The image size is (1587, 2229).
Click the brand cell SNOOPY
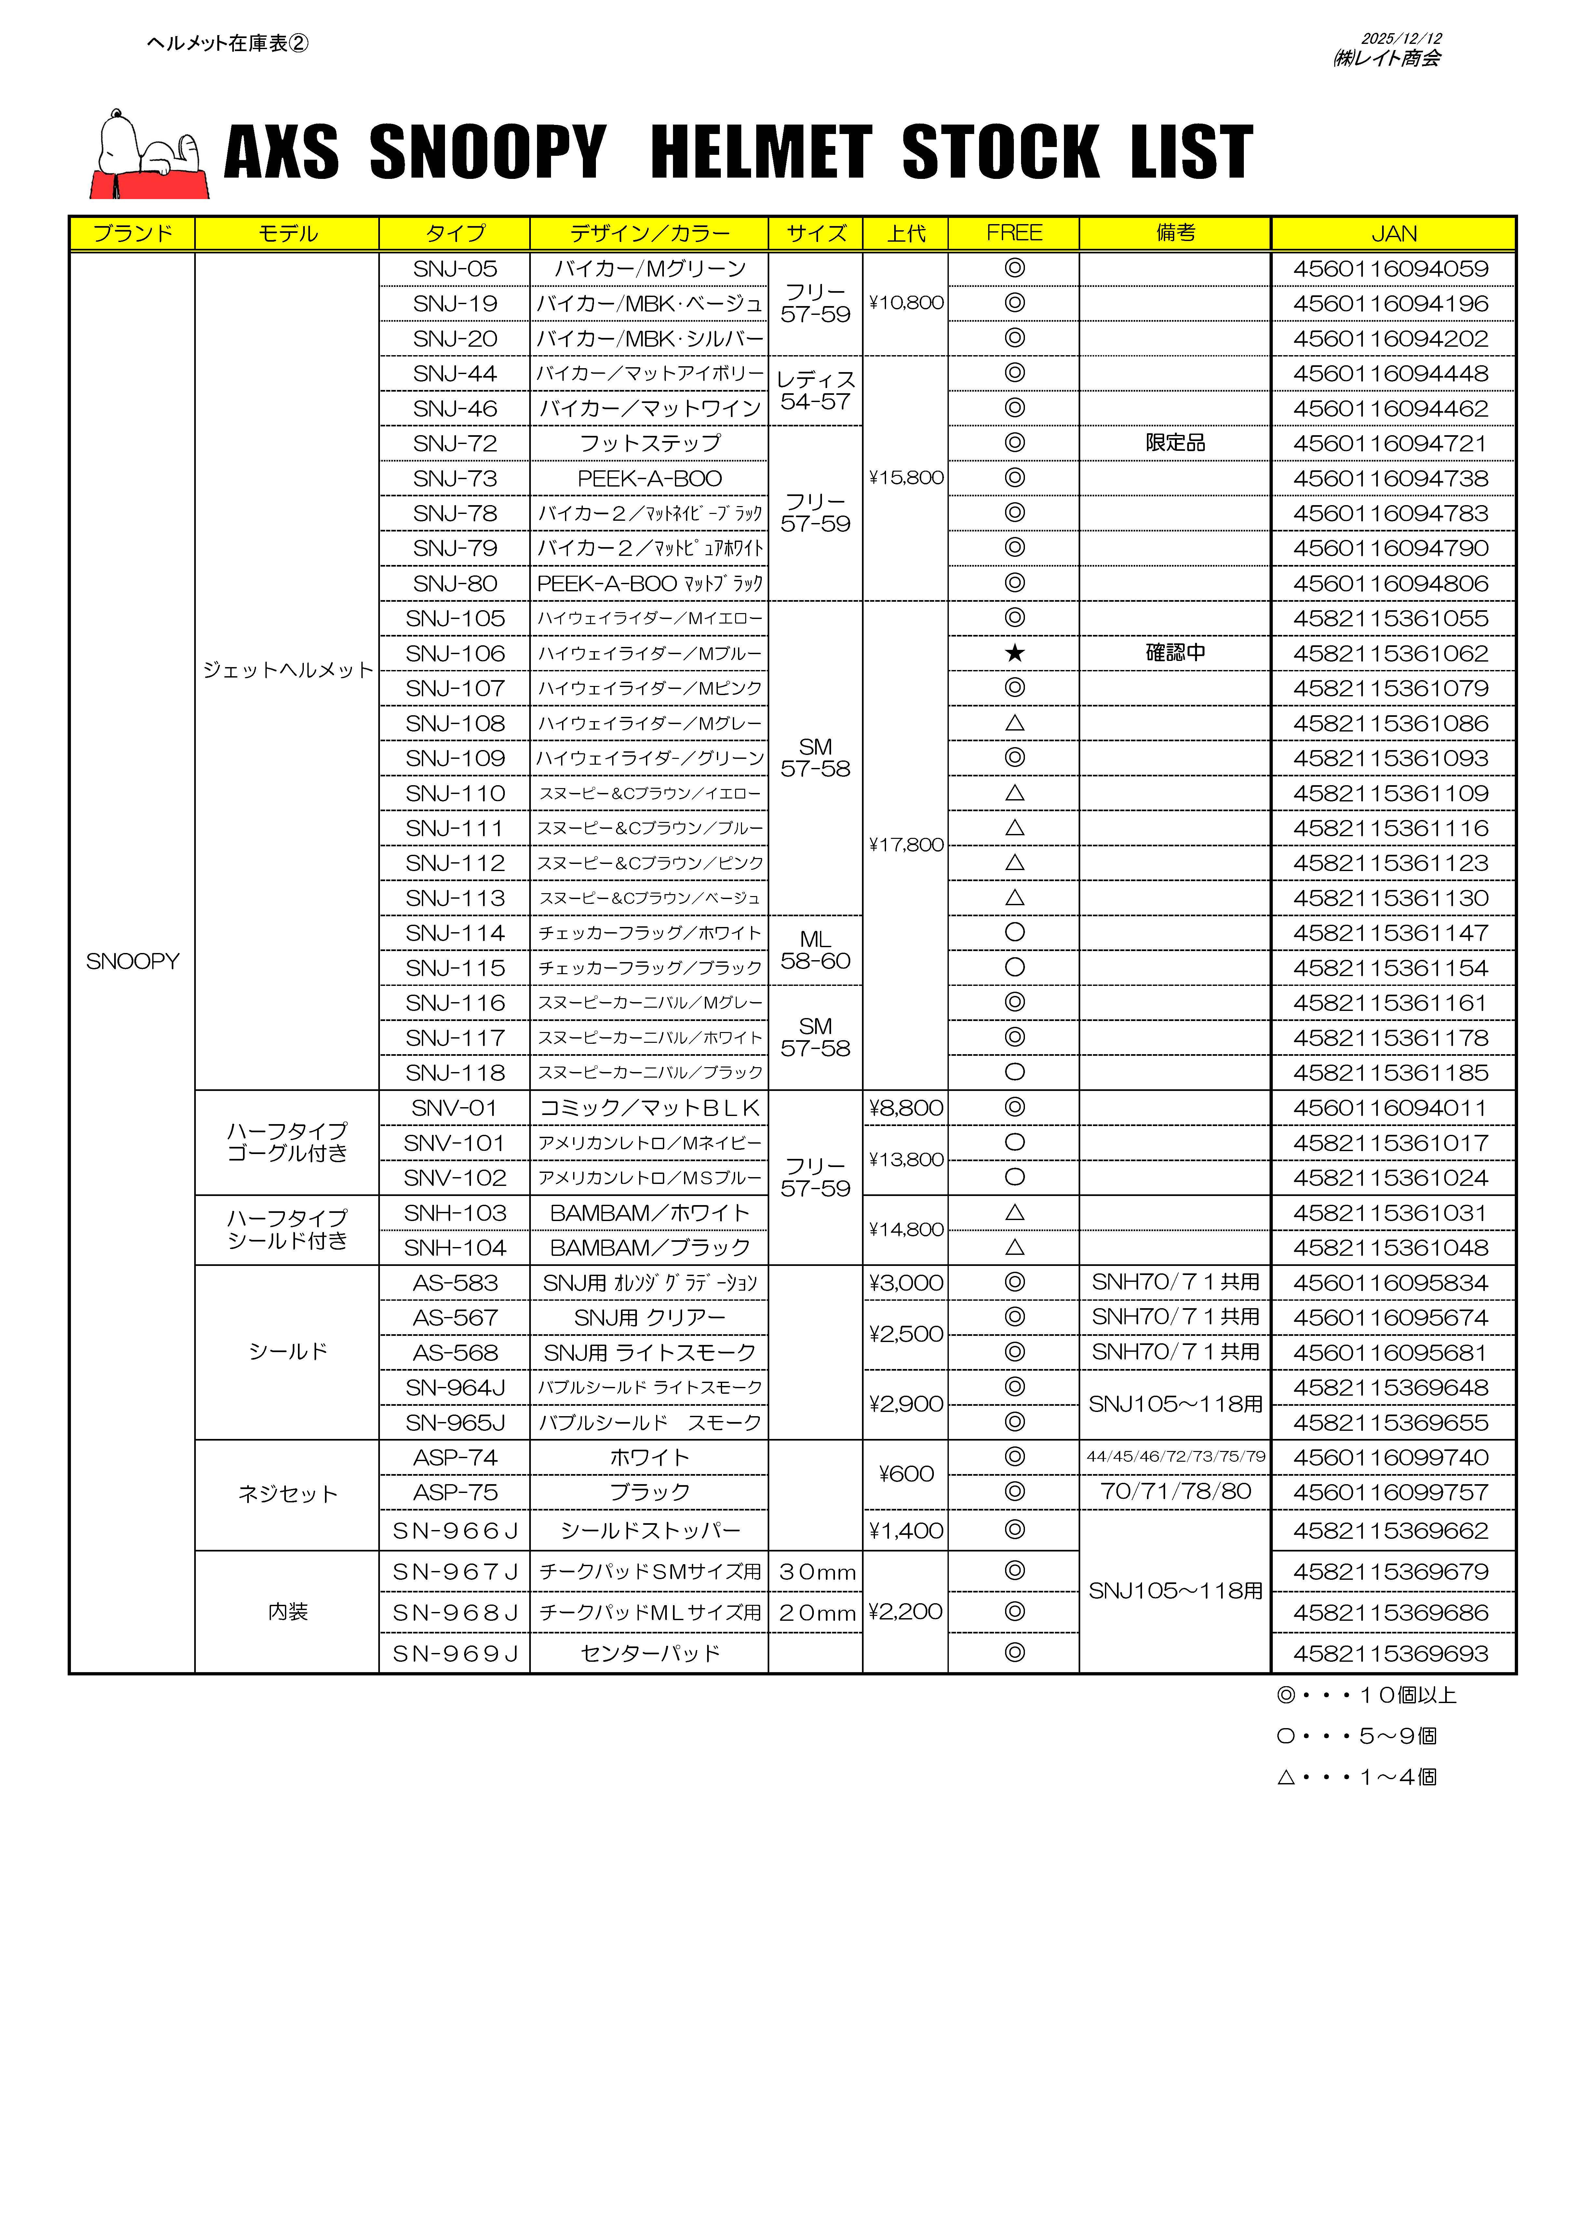pyautogui.click(x=133, y=961)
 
